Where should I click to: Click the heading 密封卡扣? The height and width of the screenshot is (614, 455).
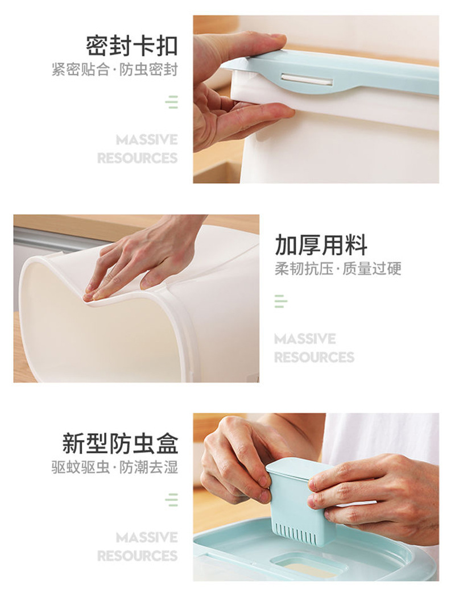point(131,45)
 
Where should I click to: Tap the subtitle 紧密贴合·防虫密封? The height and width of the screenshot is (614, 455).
point(114,70)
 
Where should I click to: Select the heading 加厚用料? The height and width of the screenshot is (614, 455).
point(321,245)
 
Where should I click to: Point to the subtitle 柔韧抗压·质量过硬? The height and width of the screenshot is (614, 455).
point(338,269)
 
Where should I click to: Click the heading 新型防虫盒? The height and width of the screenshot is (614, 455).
point(120,443)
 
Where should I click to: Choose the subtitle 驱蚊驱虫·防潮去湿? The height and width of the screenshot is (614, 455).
point(114,468)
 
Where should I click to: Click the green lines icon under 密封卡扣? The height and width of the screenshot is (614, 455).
point(172,102)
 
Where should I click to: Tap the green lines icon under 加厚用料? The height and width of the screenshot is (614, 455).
point(280,301)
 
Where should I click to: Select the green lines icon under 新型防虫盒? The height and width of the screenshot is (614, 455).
point(172,500)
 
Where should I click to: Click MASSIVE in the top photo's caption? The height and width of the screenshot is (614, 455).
point(147,140)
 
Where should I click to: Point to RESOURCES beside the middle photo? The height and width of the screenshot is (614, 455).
point(314,358)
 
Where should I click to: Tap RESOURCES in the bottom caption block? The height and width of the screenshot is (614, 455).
point(137,556)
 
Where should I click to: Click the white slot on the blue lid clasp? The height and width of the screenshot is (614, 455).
point(307,80)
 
